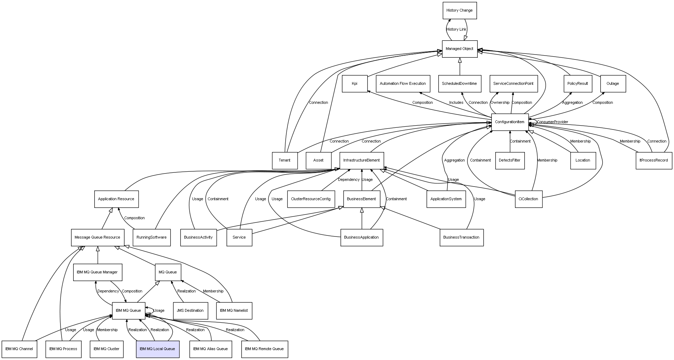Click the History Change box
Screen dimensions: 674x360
[x=459, y=10]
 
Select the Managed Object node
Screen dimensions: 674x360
[x=459, y=49]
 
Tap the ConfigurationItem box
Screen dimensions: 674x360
[x=510, y=122]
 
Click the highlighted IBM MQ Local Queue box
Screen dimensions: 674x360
[x=158, y=349]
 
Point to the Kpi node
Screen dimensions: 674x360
[x=355, y=84]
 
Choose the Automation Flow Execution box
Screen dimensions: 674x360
[x=403, y=84]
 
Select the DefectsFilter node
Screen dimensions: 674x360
[x=510, y=160]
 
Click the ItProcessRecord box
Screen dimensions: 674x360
[x=654, y=160]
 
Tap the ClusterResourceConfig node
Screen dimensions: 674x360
[x=311, y=199]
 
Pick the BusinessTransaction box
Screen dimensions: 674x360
[x=461, y=238]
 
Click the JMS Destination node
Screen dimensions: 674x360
[x=190, y=311]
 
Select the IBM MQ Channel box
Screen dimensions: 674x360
[x=19, y=349]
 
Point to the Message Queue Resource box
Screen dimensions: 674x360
[x=97, y=238]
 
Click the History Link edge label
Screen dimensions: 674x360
[x=456, y=29]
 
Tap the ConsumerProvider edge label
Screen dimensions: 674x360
[x=552, y=122]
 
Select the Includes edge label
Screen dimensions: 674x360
[x=456, y=103]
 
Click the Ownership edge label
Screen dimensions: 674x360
[x=500, y=103]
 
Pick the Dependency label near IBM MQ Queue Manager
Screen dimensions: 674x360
[x=108, y=291]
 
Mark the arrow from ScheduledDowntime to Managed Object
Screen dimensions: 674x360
[x=460, y=66]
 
